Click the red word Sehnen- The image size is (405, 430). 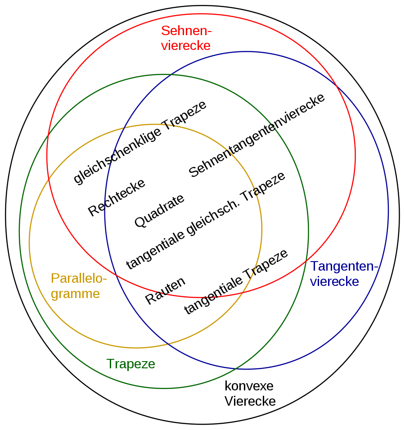click(186, 31)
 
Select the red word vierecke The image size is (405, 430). click(186, 45)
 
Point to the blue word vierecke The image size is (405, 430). click(335, 282)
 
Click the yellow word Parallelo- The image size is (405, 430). click(79, 278)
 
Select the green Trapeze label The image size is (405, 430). click(130, 364)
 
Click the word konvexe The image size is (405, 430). click(249, 386)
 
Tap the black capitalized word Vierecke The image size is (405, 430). click(250, 401)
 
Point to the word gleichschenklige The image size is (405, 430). click(117, 155)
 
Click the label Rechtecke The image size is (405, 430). click(116, 197)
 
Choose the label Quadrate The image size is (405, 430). click(159, 211)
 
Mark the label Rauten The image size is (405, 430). click(165, 291)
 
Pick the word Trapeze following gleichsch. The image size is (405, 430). click(263, 187)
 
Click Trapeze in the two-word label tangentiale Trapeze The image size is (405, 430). click(266, 264)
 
